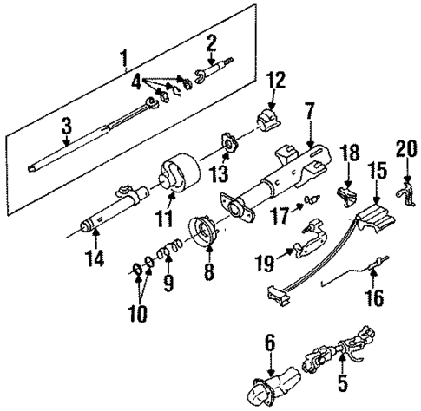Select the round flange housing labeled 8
click(x=208, y=232)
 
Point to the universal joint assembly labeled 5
click(x=333, y=362)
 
